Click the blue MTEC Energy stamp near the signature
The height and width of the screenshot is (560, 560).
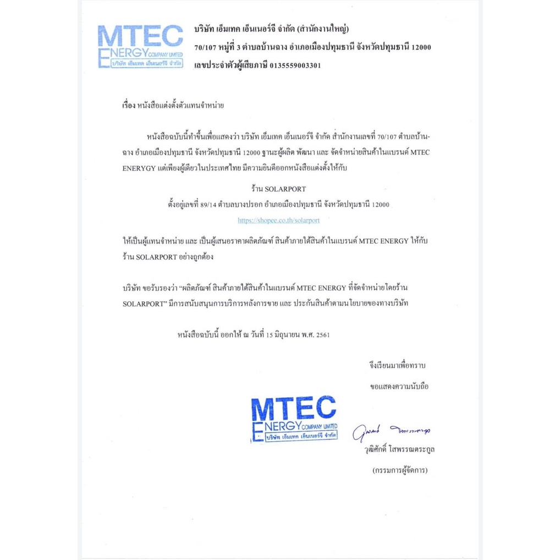click(x=293, y=419)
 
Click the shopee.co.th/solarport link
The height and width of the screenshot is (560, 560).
click(x=278, y=219)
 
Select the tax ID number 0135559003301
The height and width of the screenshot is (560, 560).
click(x=294, y=65)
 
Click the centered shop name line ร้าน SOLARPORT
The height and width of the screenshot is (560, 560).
click(x=278, y=189)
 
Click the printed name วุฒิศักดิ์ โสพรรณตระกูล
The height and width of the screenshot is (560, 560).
click(x=396, y=450)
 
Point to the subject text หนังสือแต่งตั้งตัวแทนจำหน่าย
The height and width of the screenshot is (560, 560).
click(x=180, y=104)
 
